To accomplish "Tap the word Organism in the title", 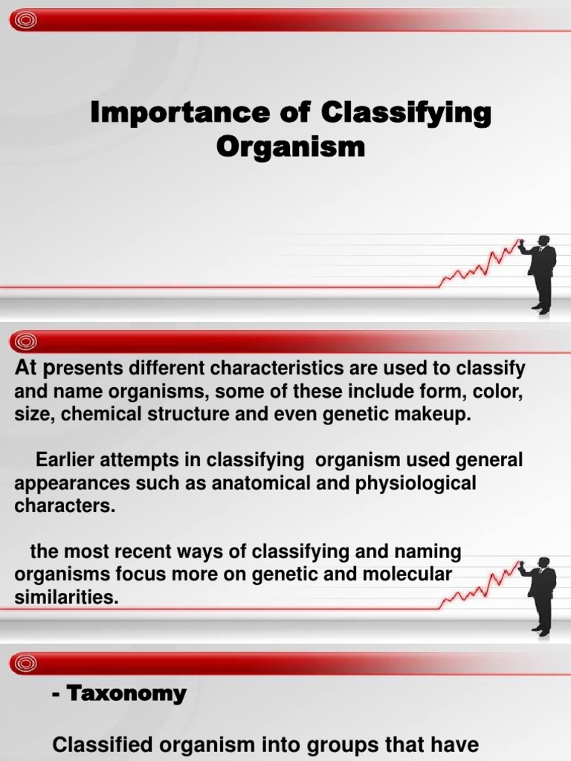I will [291, 146].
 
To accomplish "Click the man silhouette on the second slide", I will [541, 595].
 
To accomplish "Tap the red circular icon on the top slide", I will [26, 21].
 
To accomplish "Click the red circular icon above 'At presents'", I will [26, 342].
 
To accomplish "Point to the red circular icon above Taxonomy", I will [26, 663].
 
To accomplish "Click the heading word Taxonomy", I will [126, 694].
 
